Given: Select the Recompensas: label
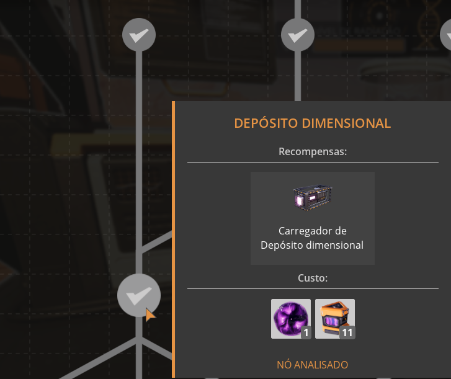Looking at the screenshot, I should pos(312,151).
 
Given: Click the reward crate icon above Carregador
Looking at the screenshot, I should pos(313,197).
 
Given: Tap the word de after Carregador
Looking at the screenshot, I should pos(340,231).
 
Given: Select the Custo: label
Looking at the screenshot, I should pos(313,277).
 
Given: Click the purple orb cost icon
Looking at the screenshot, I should pos(290,318).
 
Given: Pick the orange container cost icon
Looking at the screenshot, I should pos(334,318).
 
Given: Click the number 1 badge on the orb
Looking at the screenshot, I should pos(305,333).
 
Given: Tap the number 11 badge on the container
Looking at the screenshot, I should pos(347,333).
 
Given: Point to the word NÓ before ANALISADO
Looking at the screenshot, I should pos(284,365).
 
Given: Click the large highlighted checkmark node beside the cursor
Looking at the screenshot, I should pos(138,295).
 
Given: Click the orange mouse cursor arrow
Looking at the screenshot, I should pos(150,314).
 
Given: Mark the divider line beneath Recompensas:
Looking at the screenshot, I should pos(312,163).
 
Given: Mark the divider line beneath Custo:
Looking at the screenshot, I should pos(312,288).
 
